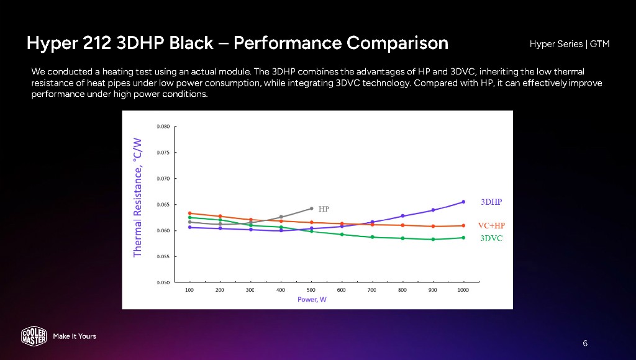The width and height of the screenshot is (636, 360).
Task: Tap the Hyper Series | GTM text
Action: click(x=570, y=44)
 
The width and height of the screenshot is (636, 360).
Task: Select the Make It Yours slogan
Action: click(x=75, y=336)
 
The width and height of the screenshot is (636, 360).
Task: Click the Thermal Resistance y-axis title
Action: click(x=138, y=197)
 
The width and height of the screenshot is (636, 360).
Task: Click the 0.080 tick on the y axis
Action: click(x=163, y=127)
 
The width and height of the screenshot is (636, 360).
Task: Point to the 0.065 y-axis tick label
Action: click(x=163, y=204)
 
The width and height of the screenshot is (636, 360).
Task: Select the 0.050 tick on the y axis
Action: click(x=163, y=282)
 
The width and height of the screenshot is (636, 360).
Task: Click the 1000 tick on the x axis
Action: click(x=463, y=290)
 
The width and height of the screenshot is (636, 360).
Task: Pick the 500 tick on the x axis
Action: click(x=311, y=290)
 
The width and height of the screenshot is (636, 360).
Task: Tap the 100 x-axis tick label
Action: click(x=189, y=290)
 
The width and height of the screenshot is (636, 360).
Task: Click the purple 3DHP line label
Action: click(x=491, y=202)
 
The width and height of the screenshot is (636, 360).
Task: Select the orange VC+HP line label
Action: click(x=491, y=225)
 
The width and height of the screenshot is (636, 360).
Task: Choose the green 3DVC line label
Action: click(x=491, y=238)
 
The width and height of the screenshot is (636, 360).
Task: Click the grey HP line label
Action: click(x=324, y=209)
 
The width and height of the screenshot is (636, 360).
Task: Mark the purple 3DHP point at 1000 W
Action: click(x=463, y=202)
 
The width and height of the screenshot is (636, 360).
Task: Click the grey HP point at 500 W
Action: click(x=311, y=209)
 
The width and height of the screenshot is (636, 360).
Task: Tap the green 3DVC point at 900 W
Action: click(x=433, y=239)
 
